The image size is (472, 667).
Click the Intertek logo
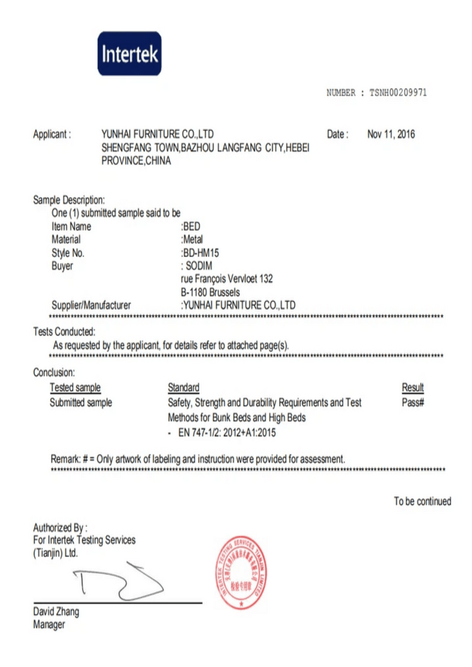[129, 53]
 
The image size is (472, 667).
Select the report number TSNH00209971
[398, 93]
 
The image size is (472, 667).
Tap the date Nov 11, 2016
[391, 134]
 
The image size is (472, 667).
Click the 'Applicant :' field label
[52, 134]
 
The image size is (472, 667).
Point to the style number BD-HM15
[201, 253]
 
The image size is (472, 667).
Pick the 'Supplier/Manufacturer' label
[91, 305]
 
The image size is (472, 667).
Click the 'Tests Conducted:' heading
[64, 332]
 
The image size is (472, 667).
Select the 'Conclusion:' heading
[54, 373]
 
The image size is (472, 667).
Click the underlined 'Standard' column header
[184, 388]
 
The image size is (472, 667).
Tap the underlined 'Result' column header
[412, 388]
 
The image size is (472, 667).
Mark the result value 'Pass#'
[413, 402]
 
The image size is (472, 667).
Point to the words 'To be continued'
[422, 501]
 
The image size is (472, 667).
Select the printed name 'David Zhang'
[56, 612]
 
